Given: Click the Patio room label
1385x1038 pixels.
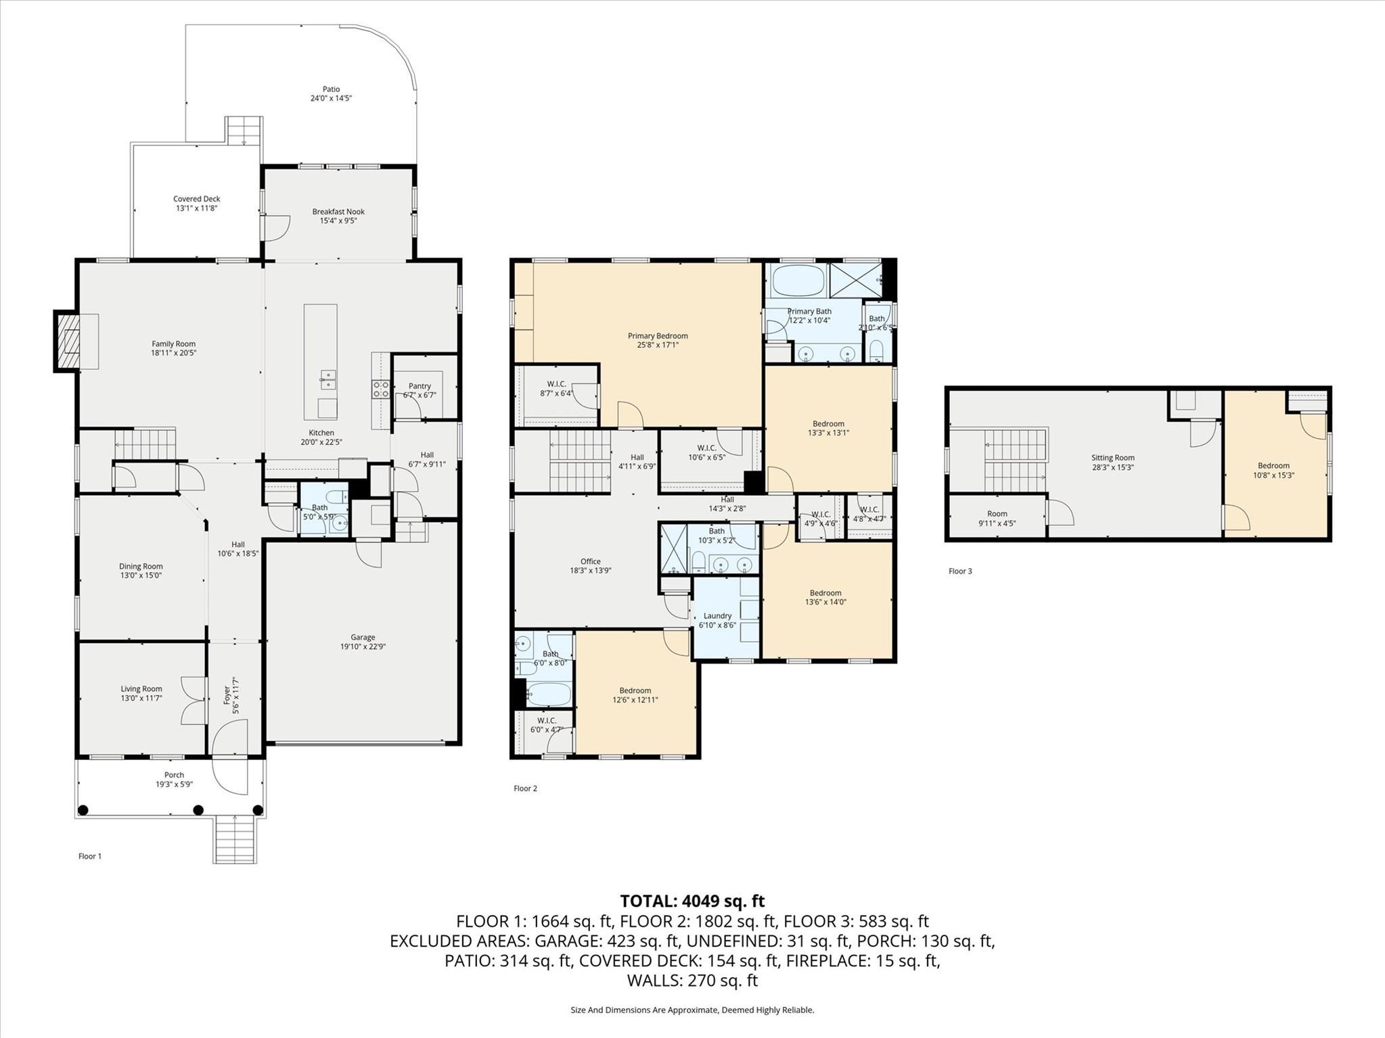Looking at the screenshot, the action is [x=331, y=93].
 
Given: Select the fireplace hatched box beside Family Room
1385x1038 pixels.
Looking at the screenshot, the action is [x=67, y=341].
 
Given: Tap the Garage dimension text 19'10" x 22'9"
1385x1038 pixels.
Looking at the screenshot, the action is [x=363, y=646].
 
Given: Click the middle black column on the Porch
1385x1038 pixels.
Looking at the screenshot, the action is [x=198, y=809].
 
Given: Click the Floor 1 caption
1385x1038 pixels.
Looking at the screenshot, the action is [x=90, y=856].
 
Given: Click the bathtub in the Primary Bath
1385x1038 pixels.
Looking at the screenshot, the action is [x=798, y=280].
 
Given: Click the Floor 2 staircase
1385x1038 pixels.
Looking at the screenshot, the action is [x=579, y=461].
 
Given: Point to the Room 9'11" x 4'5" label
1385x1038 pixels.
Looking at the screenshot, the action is [x=997, y=518].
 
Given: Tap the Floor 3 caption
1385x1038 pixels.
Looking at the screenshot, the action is [x=960, y=571].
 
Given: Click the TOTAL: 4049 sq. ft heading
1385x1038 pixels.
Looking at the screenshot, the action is [x=692, y=901].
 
